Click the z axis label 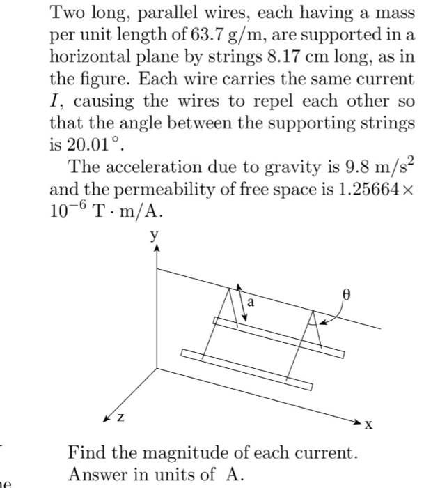point(121,419)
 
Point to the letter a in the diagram point(251,303)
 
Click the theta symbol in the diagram point(344,295)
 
